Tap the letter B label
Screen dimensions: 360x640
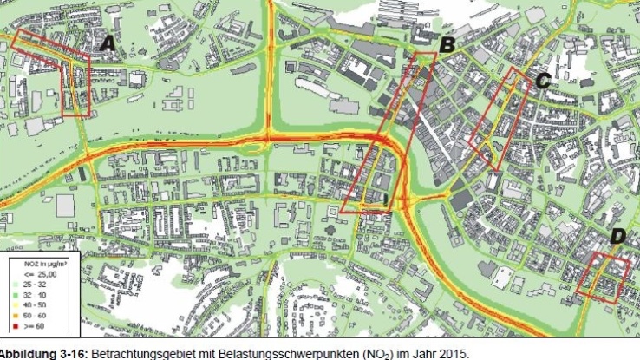(x=447, y=45)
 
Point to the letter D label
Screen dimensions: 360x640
(x=618, y=236)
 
